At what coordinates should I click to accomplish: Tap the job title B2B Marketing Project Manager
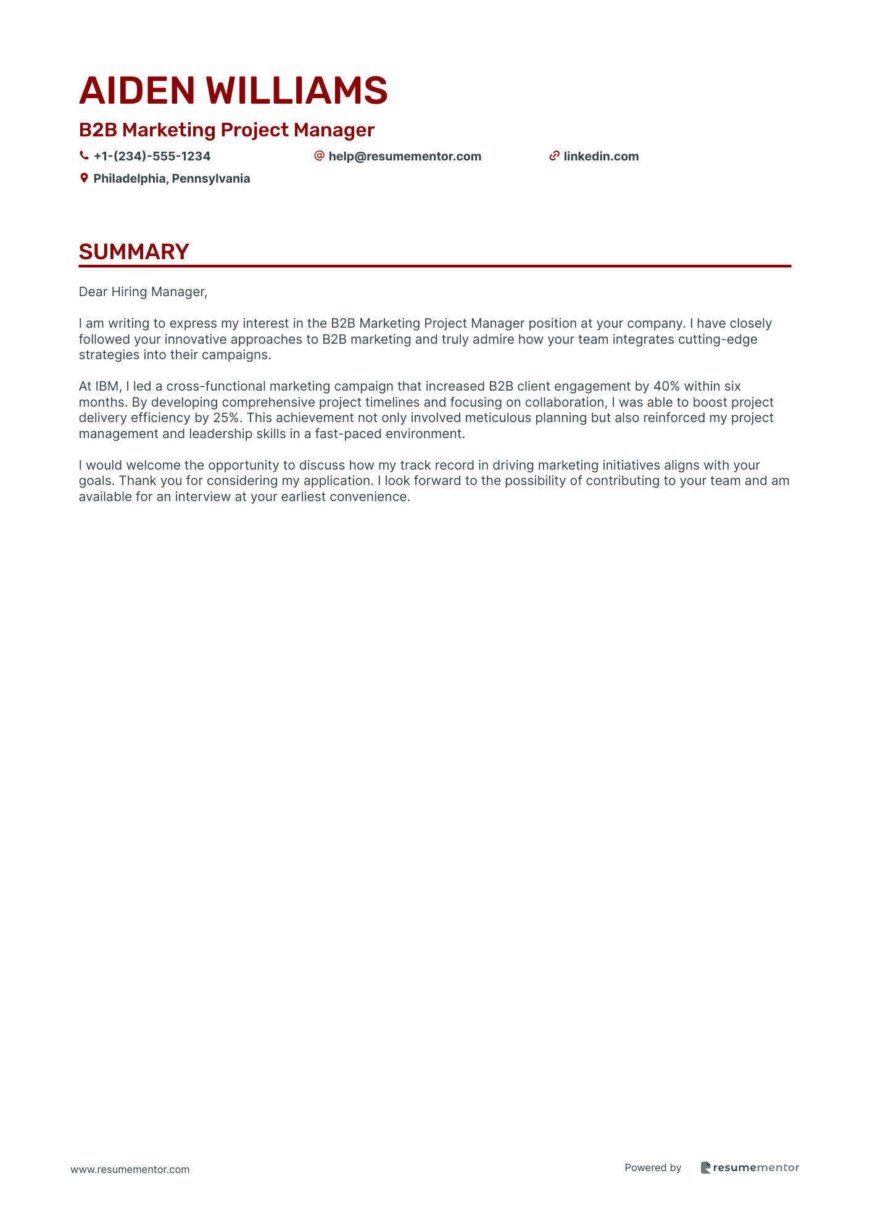pos(226,130)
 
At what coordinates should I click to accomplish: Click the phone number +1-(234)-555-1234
pos(152,157)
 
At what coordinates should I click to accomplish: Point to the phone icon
pos(84,156)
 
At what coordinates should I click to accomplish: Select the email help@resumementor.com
pos(405,157)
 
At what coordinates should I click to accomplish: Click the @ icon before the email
pos(319,156)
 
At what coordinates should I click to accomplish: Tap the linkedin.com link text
pos(601,157)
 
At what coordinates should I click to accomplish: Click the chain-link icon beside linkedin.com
pos(554,156)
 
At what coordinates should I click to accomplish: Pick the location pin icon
pos(84,178)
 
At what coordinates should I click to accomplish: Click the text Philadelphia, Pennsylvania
pos(172,179)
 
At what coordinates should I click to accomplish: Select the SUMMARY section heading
pos(134,252)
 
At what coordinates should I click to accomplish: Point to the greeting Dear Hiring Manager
pos(143,292)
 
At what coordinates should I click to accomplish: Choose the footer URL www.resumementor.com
pos(130,1169)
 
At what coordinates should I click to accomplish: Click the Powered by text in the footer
pos(653,1167)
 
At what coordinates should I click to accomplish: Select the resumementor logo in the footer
pos(750,1167)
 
